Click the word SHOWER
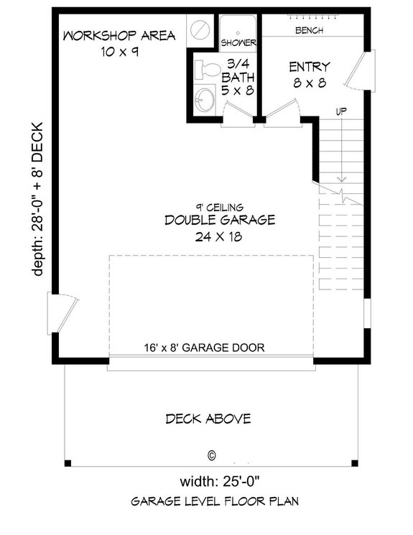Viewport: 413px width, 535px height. click(238, 42)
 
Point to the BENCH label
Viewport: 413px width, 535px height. click(309, 31)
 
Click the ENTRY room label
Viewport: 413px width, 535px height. click(310, 67)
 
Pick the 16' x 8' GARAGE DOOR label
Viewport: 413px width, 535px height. click(203, 348)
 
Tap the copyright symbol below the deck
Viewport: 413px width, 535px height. click(211, 455)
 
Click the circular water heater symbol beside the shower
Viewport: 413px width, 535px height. click(200, 29)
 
